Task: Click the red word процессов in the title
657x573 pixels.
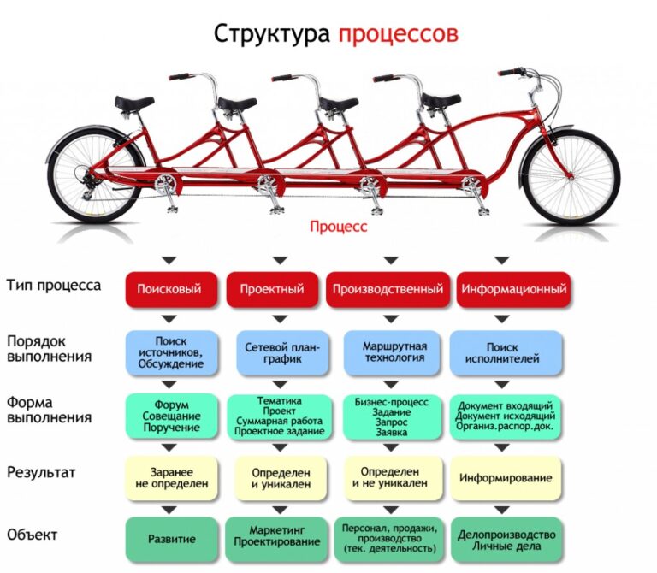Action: click(x=398, y=34)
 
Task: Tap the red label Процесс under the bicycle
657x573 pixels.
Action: click(x=338, y=226)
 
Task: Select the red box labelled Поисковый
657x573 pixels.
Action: click(x=171, y=289)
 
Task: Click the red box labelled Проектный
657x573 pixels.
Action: click(x=272, y=289)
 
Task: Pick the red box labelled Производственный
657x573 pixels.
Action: click(x=388, y=289)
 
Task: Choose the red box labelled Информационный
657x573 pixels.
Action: click(x=513, y=289)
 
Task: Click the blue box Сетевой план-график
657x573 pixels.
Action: click(x=282, y=352)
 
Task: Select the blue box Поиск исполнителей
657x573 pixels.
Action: click(x=506, y=352)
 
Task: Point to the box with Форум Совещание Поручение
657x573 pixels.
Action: click(x=172, y=416)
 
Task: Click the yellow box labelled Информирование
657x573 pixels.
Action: click(x=506, y=478)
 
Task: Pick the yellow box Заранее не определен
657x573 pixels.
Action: click(x=172, y=478)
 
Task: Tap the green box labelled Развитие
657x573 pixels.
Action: click(x=172, y=539)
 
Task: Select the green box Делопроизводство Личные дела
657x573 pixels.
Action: click(x=506, y=539)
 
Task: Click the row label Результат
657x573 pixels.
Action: click(x=41, y=472)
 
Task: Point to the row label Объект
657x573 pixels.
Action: click(x=32, y=535)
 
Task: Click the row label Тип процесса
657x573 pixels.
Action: click(x=54, y=286)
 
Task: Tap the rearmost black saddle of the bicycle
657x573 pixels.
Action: click(x=134, y=103)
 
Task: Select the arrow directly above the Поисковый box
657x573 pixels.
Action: click(x=169, y=261)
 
